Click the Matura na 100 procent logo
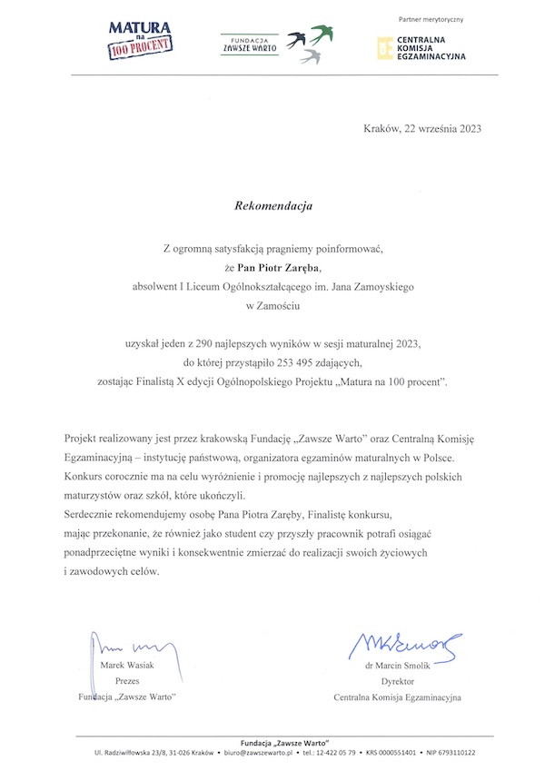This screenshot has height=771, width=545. tap(141, 40)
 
